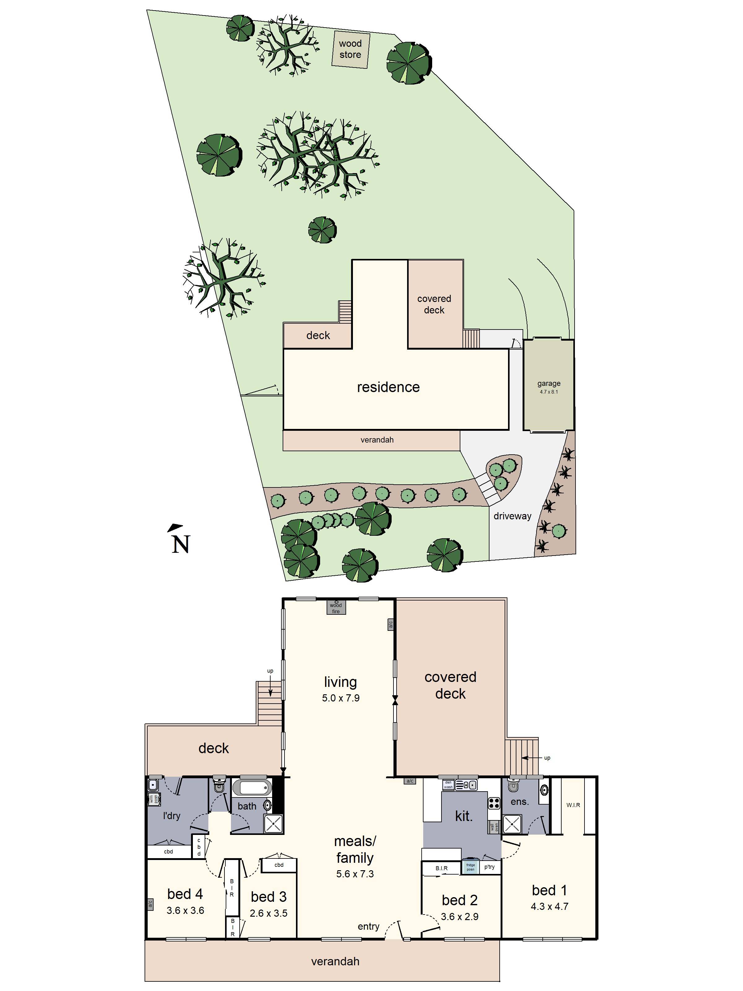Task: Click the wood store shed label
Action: [350, 49]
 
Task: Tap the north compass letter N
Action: [181, 544]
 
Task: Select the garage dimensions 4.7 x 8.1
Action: [549, 391]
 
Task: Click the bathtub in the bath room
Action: [252, 787]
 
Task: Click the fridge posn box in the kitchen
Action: [470, 867]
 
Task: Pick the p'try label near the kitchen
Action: [489, 867]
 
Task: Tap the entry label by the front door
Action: [369, 927]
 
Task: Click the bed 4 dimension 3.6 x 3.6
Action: [185, 910]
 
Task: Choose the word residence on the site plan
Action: [388, 387]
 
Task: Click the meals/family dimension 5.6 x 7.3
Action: [355, 874]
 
